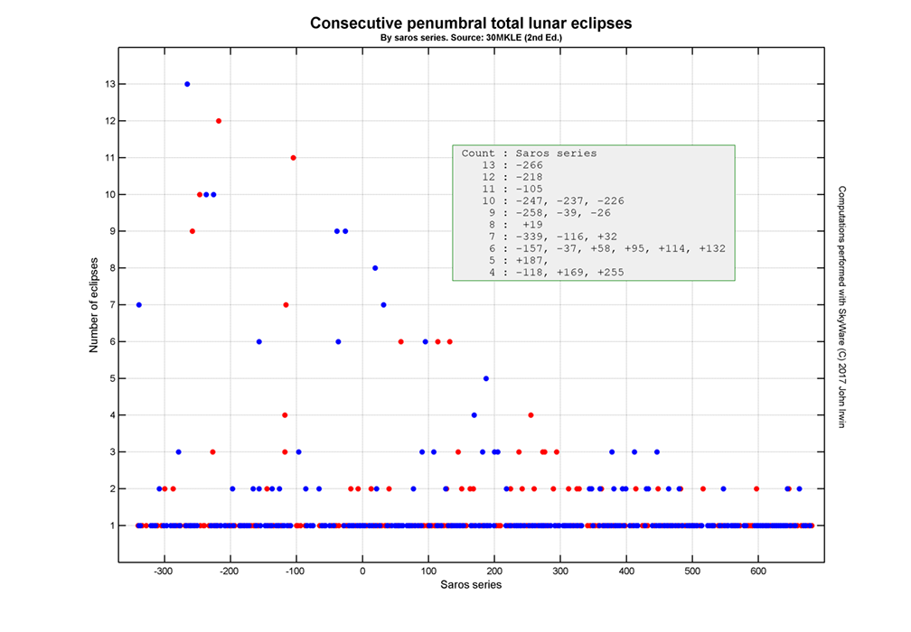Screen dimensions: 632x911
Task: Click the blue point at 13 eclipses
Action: coord(187,84)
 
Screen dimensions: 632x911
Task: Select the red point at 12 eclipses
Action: coord(219,121)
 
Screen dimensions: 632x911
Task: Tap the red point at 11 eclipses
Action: coord(293,158)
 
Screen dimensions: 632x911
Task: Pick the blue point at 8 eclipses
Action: coord(375,268)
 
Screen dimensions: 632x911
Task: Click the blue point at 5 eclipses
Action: coord(486,378)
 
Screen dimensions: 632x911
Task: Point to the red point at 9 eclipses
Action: coord(193,231)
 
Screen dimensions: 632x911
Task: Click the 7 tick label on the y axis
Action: coord(108,305)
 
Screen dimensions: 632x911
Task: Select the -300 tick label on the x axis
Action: coord(164,571)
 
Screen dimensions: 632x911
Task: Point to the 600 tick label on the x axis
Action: coord(758,571)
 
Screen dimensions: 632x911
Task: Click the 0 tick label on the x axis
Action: coord(362,571)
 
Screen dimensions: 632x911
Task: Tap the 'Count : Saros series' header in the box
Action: coord(529,153)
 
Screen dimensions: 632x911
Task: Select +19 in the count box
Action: coord(532,224)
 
